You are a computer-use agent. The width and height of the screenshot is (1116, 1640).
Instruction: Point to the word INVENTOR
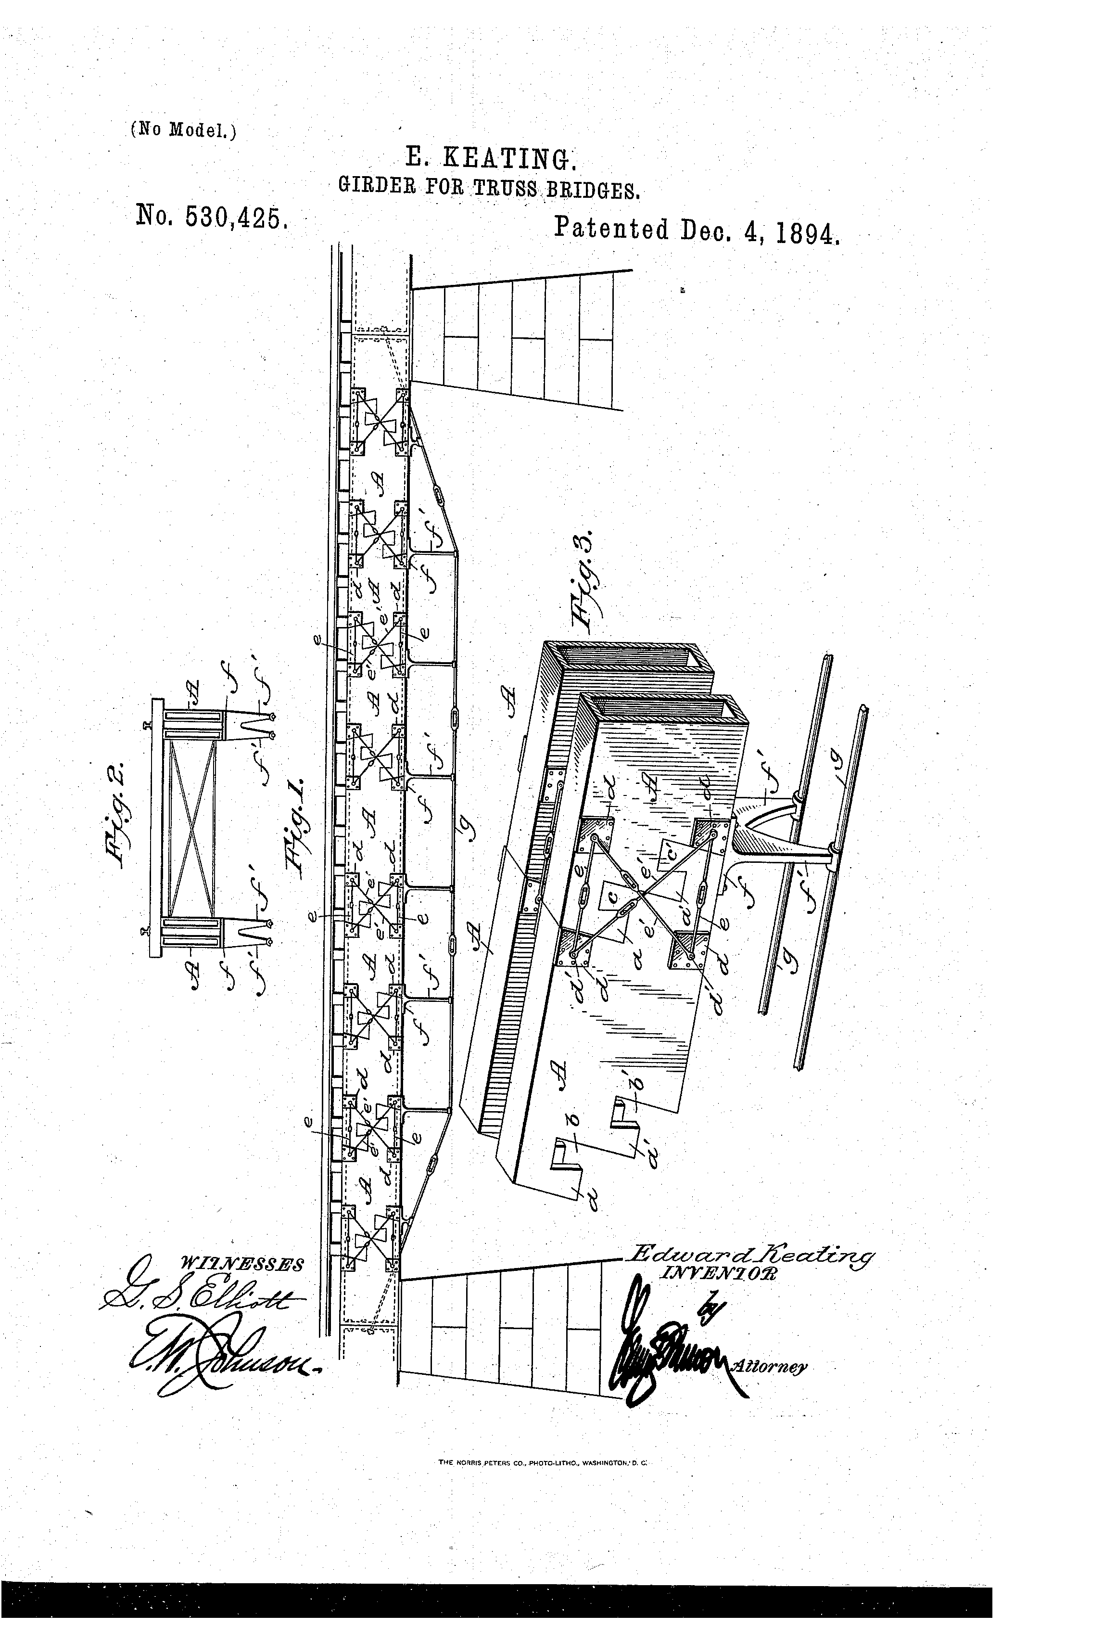[x=716, y=1272]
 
